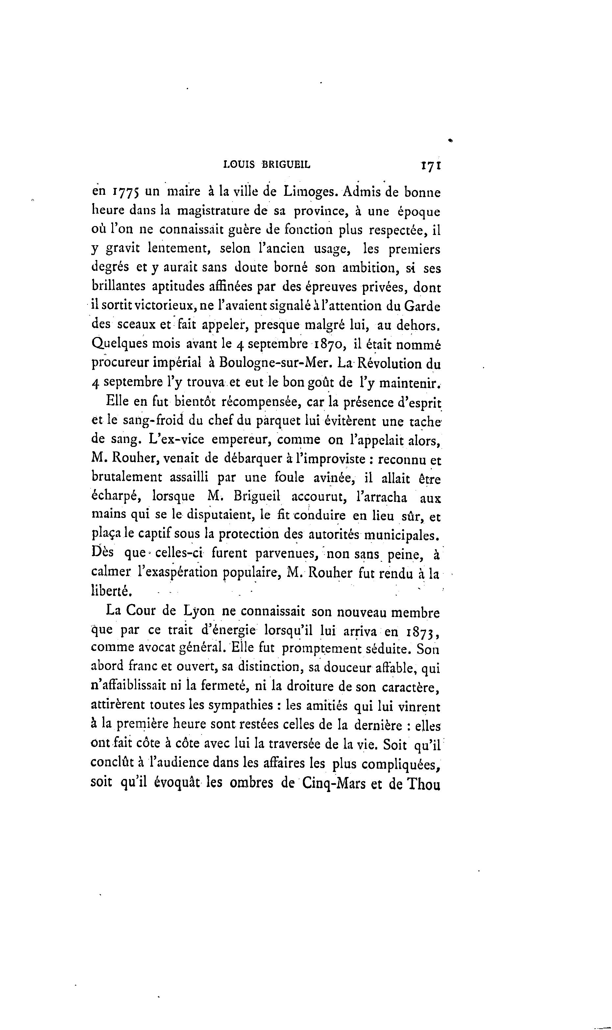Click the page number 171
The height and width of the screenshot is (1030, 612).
point(431,166)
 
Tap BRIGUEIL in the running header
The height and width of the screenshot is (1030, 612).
point(286,166)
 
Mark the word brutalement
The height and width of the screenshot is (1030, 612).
point(127,478)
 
